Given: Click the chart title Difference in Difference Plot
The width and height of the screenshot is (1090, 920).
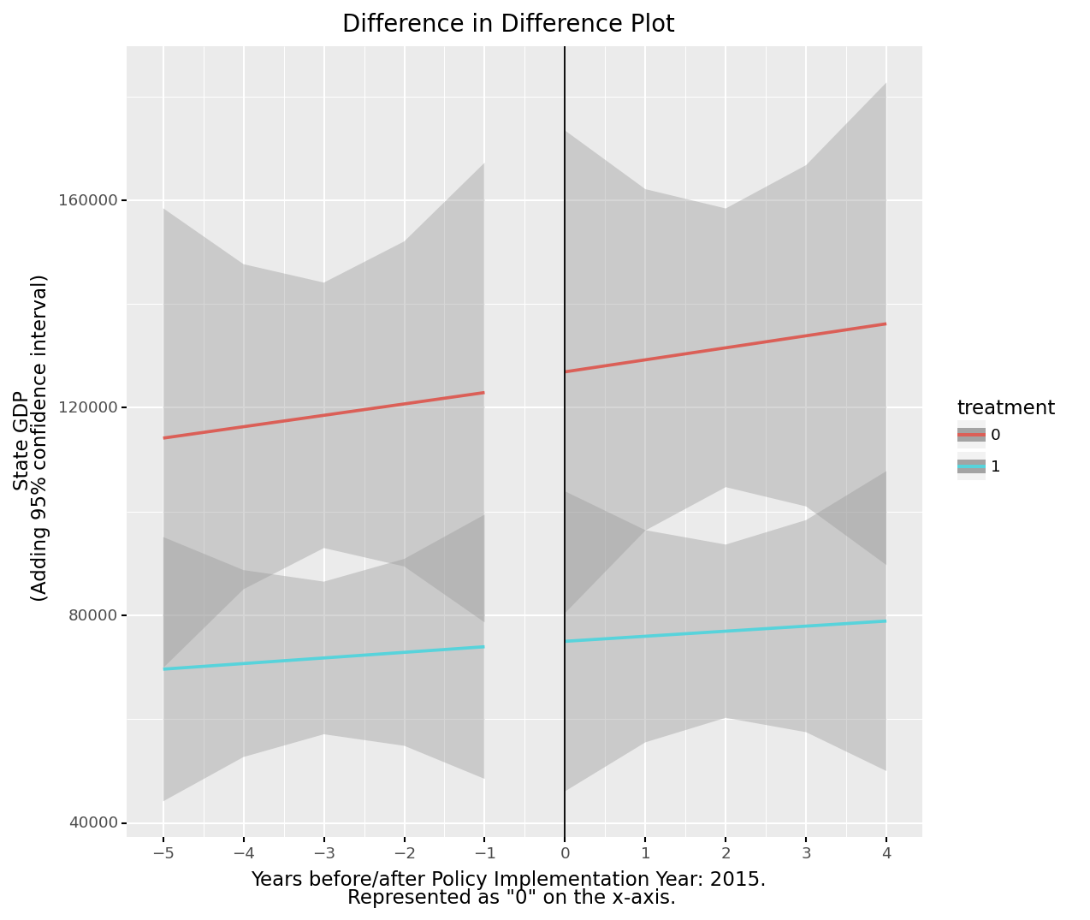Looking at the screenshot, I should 508,24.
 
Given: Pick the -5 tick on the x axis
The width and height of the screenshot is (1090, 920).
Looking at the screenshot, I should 163,853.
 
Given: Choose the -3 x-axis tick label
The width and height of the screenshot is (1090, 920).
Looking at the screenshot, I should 323,853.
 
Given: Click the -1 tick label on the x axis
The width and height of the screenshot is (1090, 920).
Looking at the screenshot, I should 484,853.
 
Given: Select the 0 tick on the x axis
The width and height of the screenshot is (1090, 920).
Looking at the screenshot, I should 565,853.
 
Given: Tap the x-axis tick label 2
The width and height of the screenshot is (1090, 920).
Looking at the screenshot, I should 726,853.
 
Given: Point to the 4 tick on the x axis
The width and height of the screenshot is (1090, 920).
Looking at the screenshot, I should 886,853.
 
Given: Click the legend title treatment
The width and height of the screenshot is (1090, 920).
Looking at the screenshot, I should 1005,408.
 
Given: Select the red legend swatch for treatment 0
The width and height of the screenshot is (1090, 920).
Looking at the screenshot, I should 971,435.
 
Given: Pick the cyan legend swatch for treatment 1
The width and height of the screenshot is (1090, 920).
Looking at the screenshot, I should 971,466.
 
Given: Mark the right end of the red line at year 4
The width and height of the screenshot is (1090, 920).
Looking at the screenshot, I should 886,323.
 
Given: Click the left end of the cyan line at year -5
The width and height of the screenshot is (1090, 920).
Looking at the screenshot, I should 163,668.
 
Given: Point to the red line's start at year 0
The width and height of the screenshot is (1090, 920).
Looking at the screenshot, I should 565,371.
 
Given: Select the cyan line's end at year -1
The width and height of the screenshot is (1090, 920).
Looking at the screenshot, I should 484,646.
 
